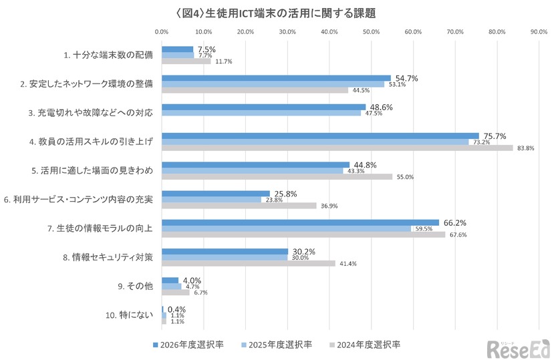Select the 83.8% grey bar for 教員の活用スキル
coord(337,148)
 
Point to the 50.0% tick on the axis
coord(371,31)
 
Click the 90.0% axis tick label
coord(539,31)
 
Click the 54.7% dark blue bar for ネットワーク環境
coord(276,78)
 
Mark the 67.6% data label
coord(458,234)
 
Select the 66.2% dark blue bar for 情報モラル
coord(300,222)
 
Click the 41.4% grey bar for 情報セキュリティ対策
coord(248,263)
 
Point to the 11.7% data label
coord(223,61)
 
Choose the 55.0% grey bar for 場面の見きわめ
coord(277,176)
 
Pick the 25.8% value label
coord(283,194)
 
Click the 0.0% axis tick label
coord(162,31)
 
